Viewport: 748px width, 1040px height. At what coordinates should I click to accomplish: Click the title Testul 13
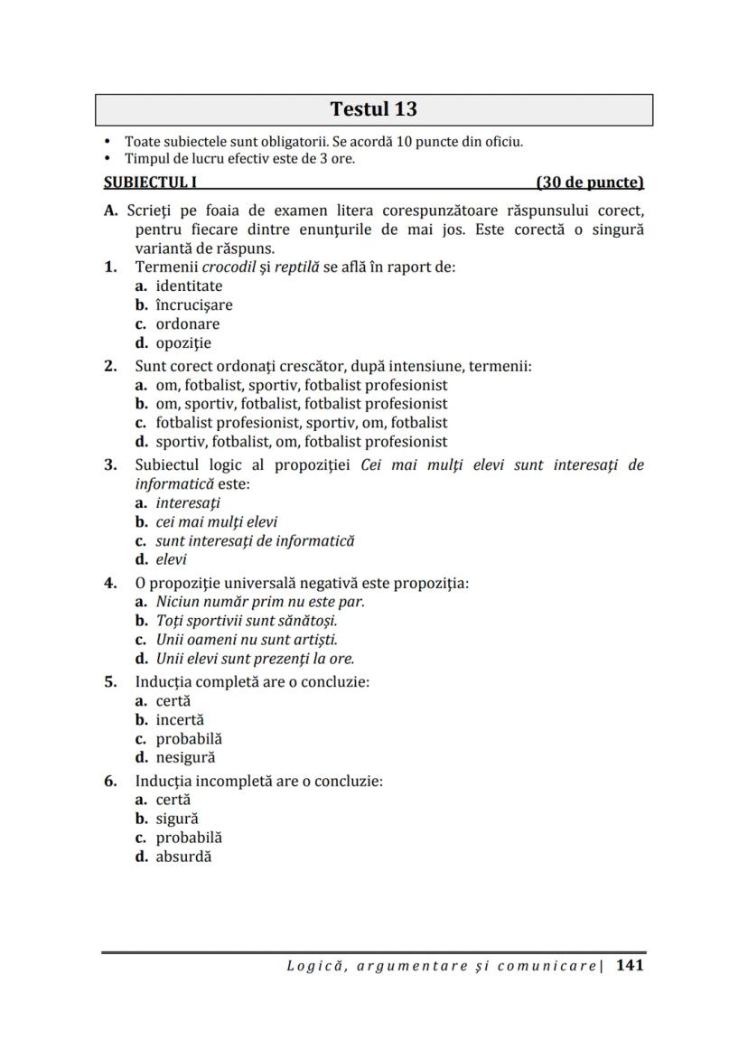click(373, 109)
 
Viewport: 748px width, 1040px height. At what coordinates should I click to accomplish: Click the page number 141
click(630, 965)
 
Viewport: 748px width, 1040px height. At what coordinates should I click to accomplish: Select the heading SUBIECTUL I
click(151, 182)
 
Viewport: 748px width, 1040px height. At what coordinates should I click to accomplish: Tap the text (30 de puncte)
click(589, 182)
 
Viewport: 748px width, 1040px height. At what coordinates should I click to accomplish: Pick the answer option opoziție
click(183, 342)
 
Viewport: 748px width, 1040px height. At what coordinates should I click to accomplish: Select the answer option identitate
click(189, 286)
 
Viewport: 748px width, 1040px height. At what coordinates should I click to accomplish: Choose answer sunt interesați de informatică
click(255, 540)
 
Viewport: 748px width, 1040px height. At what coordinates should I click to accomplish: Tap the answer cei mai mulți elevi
click(217, 521)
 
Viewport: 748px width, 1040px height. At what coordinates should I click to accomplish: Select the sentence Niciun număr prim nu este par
click(260, 601)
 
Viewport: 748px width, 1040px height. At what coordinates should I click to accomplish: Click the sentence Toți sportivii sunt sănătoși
click(247, 620)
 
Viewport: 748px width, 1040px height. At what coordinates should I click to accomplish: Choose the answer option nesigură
click(185, 757)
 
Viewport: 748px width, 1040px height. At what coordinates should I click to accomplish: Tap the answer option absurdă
click(183, 856)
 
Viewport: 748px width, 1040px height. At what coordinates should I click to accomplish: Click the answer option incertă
click(180, 719)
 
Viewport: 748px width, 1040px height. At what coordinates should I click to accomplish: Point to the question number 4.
click(110, 583)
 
